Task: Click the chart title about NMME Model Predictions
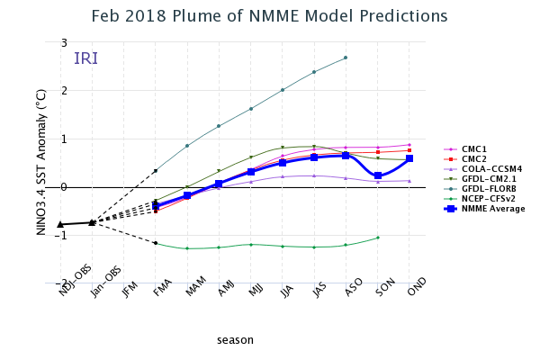pos(270,17)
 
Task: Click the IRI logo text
pos(86,58)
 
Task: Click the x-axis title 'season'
pos(235,339)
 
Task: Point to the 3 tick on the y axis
pos(64,42)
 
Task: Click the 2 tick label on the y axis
pos(64,91)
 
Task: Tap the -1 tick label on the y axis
pos(62,236)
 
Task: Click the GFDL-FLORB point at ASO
pos(346,58)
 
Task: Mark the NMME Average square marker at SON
pos(378,176)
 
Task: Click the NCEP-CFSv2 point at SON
pos(378,238)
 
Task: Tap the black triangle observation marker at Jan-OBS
pos(92,222)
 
